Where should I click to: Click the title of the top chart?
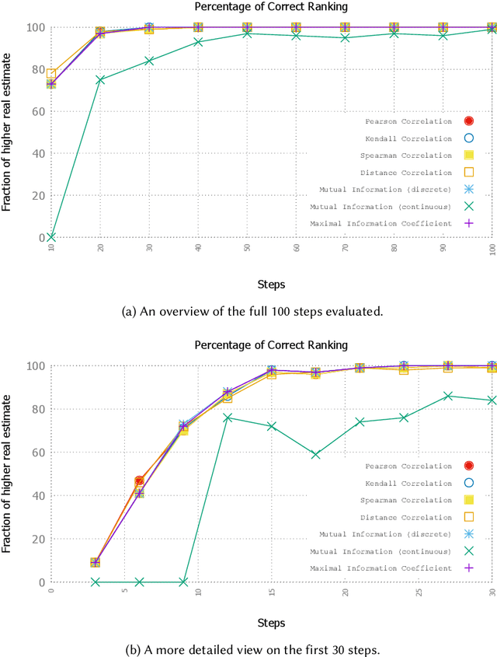pyautogui.click(x=269, y=8)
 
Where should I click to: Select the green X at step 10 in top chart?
pyautogui.click(x=50, y=237)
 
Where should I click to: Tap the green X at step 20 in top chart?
pyautogui.click(x=100, y=79)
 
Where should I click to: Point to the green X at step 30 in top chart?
pyautogui.click(x=149, y=61)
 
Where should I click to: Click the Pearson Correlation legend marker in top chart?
pyautogui.click(x=468, y=121)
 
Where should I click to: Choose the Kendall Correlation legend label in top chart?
pyautogui.click(x=408, y=138)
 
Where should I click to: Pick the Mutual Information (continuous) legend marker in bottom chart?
pyautogui.click(x=468, y=551)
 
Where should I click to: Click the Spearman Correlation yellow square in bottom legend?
pyautogui.click(x=468, y=500)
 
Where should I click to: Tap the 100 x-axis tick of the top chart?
pyautogui.click(x=492, y=248)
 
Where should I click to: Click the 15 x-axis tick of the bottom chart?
pyautogui.click(x=272, y=593)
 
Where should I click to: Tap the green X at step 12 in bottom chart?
pyautogui.click(x=228, y=418)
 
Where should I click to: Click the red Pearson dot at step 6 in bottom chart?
pyautogui.click(x=139, y=481)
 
